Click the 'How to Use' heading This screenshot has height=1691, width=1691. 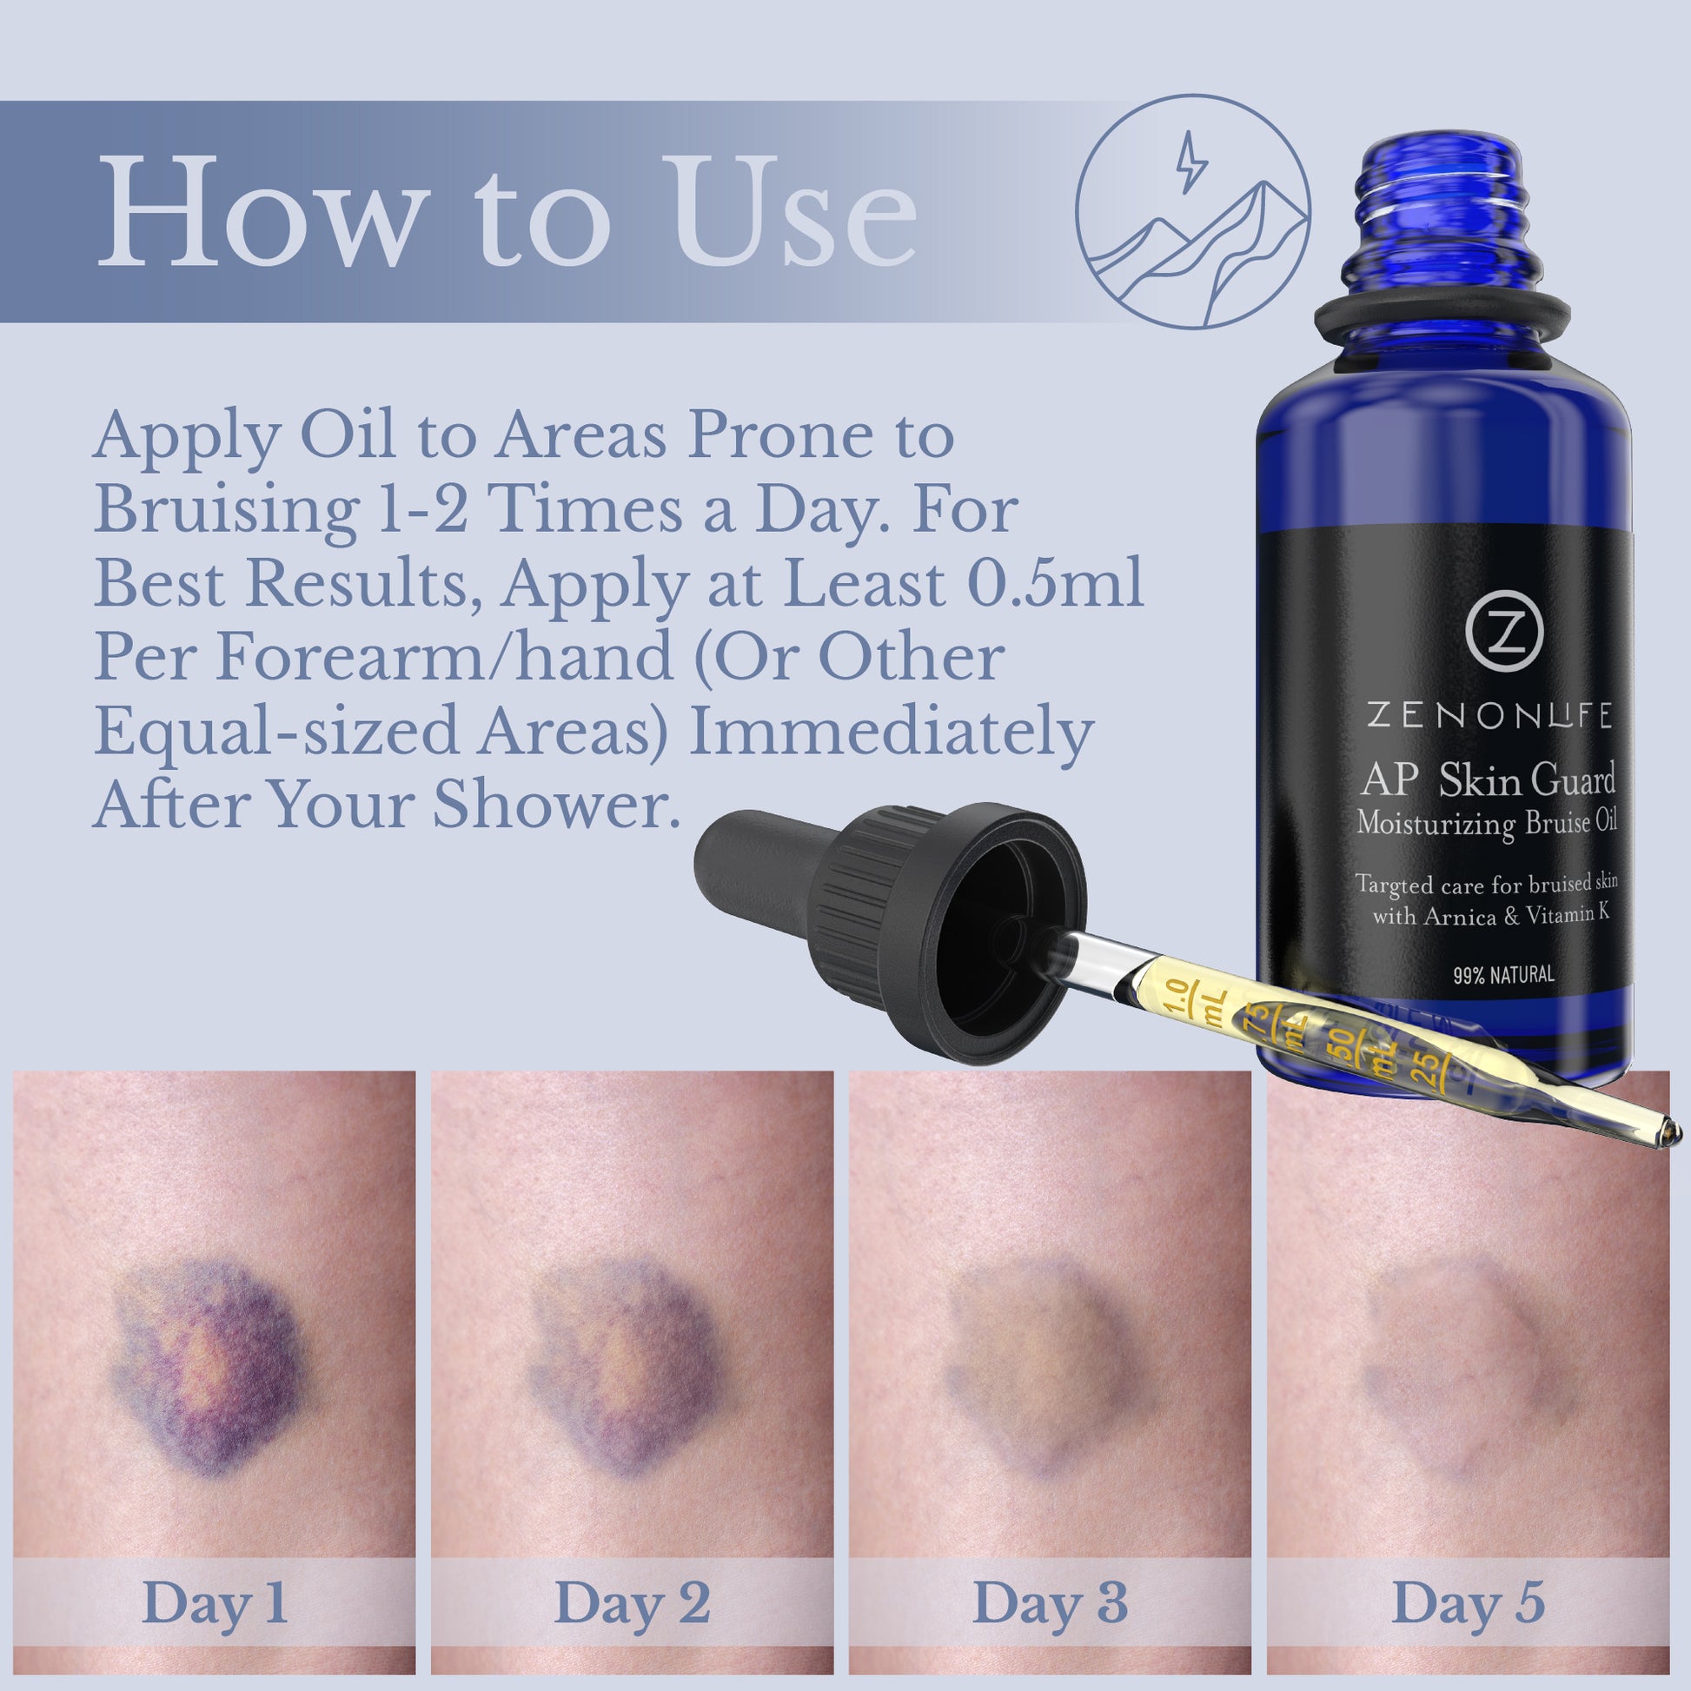(507, 213)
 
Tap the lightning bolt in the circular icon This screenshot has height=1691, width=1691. (1190, 162)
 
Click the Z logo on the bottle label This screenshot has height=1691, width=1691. (1503, 632)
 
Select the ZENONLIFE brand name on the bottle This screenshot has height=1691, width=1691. (1489, 716)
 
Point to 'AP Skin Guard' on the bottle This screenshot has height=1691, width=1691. (1488, 779)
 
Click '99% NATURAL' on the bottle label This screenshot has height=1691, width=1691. (1503, 974)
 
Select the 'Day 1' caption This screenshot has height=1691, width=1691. (214, 1602)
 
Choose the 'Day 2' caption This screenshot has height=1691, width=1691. (632, 1602)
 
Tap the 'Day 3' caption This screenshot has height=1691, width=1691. (1050, 1602)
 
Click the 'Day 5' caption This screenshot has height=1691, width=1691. (1468, 1602)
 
